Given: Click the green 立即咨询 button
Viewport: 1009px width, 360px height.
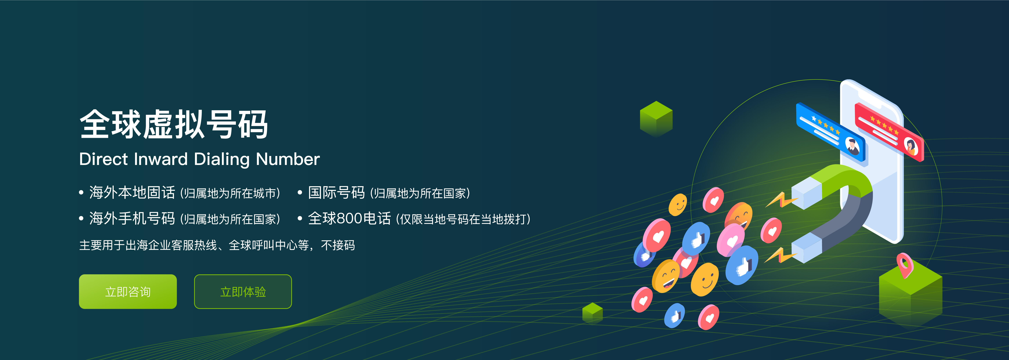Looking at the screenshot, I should pyautogui.click(x=128, y=291).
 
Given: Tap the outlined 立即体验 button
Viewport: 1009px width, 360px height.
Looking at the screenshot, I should pyautogui.click(x=243, y=291).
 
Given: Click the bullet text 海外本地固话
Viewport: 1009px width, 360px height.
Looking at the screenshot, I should pyautogui.click(x=132, y=193).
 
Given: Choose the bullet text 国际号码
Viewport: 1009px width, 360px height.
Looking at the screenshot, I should pyautogui.click(x=336, y=193).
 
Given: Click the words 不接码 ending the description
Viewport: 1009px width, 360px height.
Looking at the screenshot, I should pyautogui.click(x=338, y=245).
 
